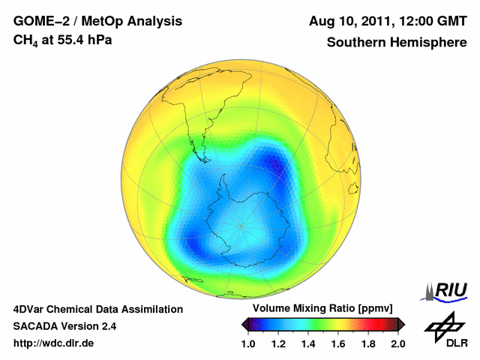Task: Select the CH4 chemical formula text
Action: pyautogui.click(x=25, y=40)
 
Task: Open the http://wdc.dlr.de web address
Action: pyautogui.click(x=54, y=343)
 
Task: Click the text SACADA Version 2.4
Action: pyautogui.click(x=64, y=326)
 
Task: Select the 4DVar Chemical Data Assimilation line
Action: pyautogui.click(x=97, y=309)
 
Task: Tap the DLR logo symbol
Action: pyautogui.click(x=443, y=324)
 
